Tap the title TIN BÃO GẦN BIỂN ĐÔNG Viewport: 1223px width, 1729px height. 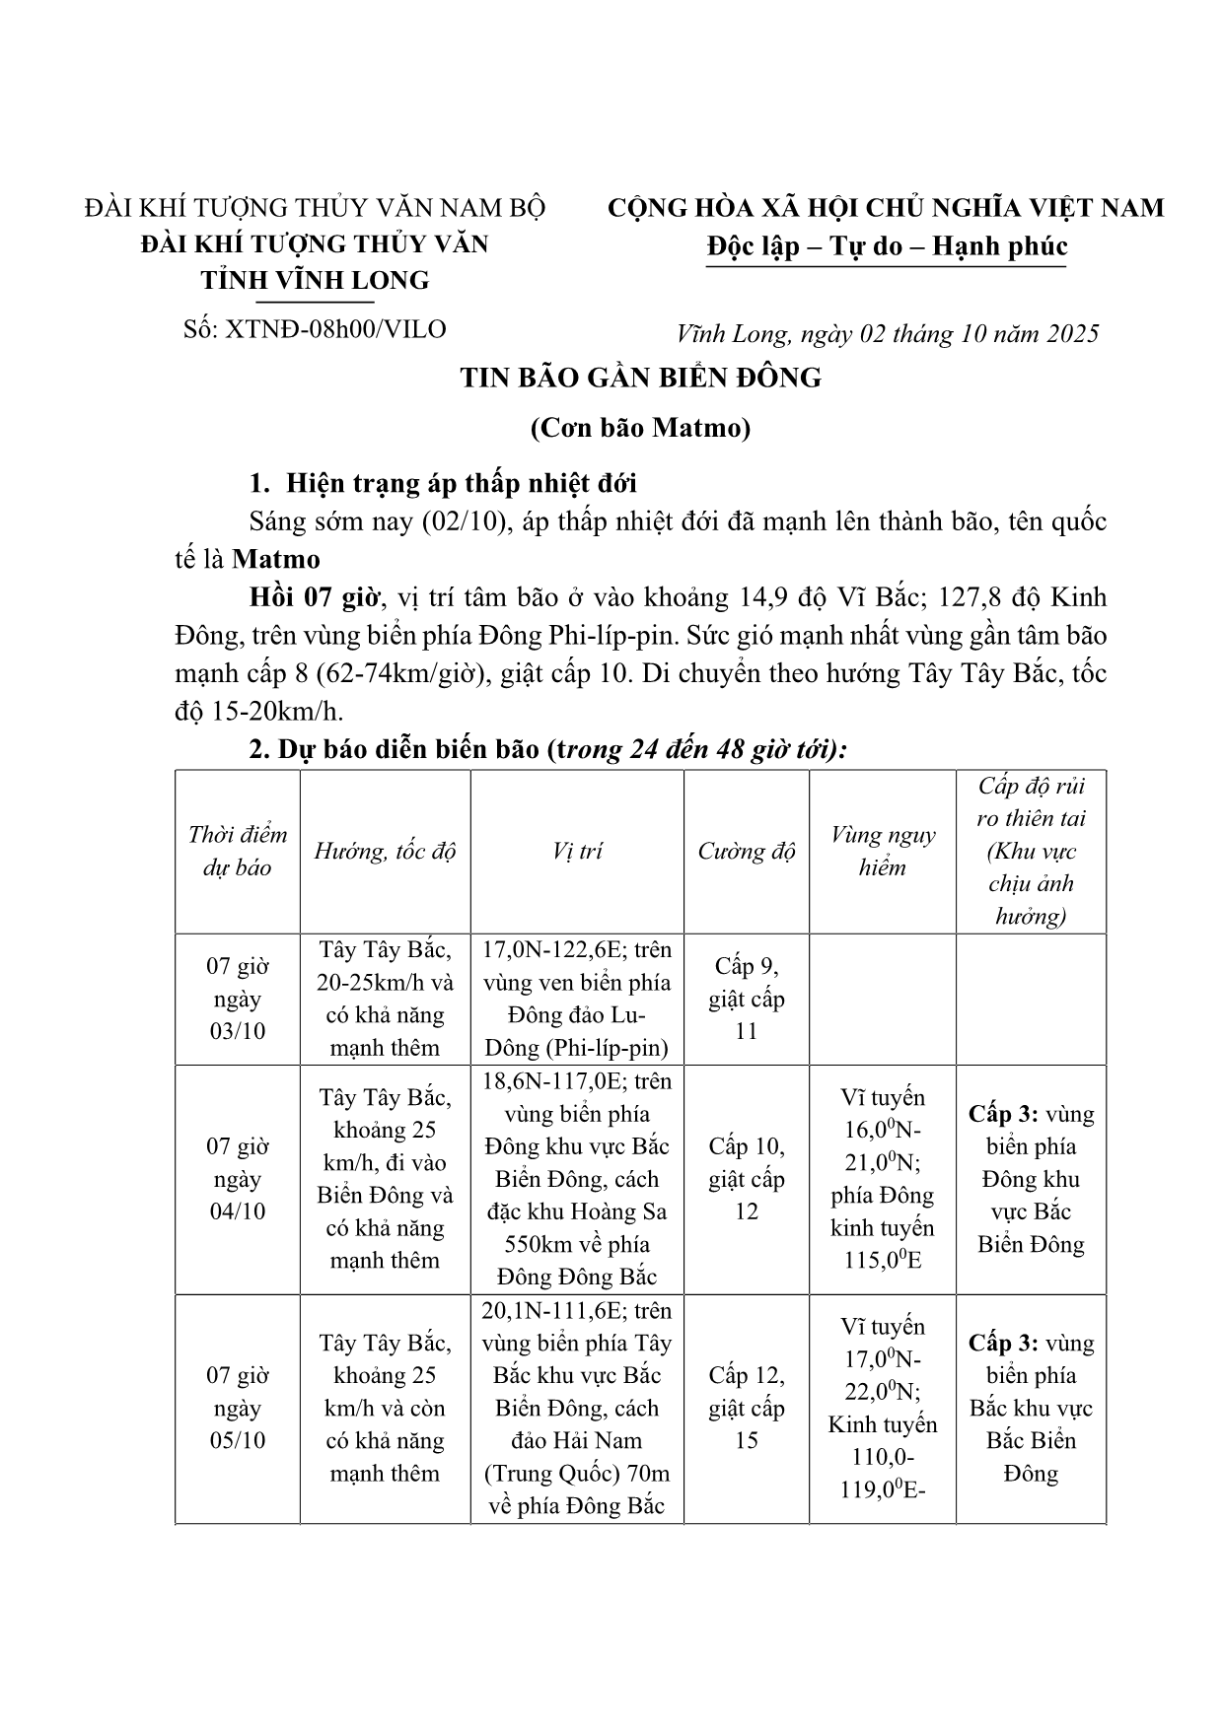640,378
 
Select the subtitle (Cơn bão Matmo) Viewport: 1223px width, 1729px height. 640,428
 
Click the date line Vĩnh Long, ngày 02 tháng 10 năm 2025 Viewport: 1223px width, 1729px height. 888,334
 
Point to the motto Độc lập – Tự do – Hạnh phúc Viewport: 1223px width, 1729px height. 887,245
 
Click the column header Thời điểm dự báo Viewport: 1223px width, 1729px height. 238,851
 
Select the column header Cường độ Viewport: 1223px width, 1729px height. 746,851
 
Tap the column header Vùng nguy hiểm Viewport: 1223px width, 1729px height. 882,851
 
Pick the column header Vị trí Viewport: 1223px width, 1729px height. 577,851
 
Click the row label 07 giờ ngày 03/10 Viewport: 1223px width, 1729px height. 238,999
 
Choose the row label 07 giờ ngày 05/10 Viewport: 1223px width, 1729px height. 238,1408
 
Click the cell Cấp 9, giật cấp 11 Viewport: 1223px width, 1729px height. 746,999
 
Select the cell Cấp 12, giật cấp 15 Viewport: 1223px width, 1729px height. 746,1408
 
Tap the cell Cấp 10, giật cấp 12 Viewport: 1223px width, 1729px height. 746,1179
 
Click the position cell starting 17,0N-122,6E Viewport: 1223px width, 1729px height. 577,999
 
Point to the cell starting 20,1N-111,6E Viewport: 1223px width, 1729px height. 577,1408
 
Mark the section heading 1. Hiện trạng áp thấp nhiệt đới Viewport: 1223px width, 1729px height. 443,483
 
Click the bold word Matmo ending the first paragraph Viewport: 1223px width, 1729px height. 276,559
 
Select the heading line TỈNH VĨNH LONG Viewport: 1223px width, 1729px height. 315,280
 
